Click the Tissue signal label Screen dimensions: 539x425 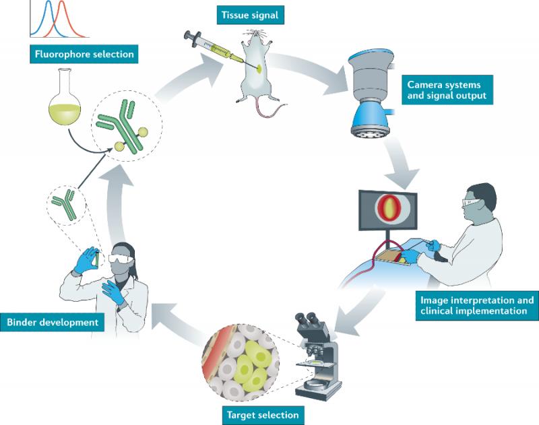click(x=250, y=15)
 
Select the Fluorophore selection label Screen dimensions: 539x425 click(x=84, y=54)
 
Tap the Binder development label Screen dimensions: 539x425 click(x=53, y=322)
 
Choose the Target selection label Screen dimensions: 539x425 click(x=263, y=415)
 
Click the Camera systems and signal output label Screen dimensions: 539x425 click(x=447, y=90)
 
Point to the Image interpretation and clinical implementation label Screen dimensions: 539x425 click(x=477, y=306)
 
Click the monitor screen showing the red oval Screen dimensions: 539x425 click(x=388, y=210)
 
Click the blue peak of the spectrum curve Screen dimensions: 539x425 click(x=48, y=3)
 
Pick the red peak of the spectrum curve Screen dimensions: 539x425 click(x=61, y=3)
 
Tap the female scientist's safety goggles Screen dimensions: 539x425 click(x=120, y=259)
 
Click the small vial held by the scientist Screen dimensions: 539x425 click(x=98, y=259)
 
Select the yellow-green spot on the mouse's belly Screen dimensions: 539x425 click(x=260, y=67)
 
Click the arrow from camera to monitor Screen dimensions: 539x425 click(x=401, y=162)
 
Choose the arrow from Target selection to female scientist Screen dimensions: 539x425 click(x=179, y=321)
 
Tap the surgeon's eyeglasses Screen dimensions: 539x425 click(x=471, y=202)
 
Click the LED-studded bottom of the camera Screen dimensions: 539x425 click(x=370, y=131)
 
